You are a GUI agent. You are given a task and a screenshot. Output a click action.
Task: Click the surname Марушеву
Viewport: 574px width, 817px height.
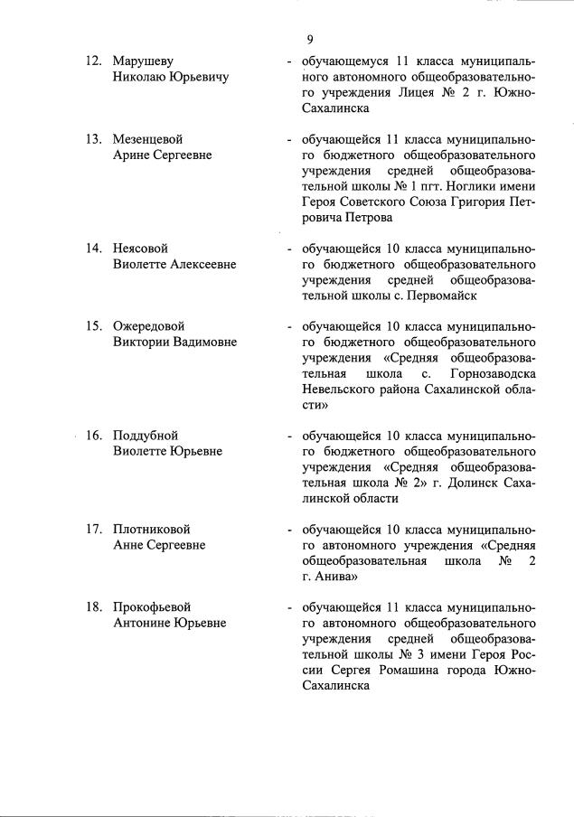(144, 61)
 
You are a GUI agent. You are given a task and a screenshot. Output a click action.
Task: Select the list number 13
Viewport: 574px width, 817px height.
(93, 140)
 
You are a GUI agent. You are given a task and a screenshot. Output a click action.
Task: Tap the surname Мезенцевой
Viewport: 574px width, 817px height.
(148, 140)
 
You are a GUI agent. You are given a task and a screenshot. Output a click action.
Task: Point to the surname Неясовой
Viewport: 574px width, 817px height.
(140, 248)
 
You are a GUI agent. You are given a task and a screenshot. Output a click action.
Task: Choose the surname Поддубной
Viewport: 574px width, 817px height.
(146, 435)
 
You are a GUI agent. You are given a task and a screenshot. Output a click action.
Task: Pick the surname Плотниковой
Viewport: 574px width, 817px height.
(152, 529)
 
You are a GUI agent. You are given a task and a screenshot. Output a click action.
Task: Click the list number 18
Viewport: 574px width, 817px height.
(93, 606)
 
